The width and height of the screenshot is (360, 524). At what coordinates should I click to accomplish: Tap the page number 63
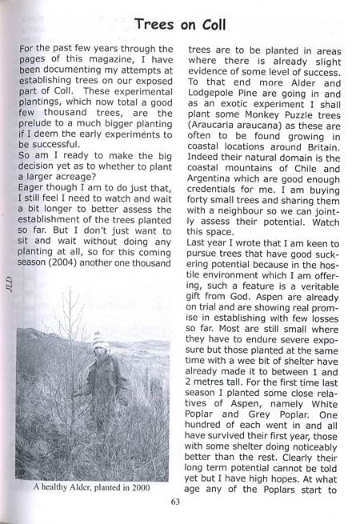pyautogui.click(x=176, y=502)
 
